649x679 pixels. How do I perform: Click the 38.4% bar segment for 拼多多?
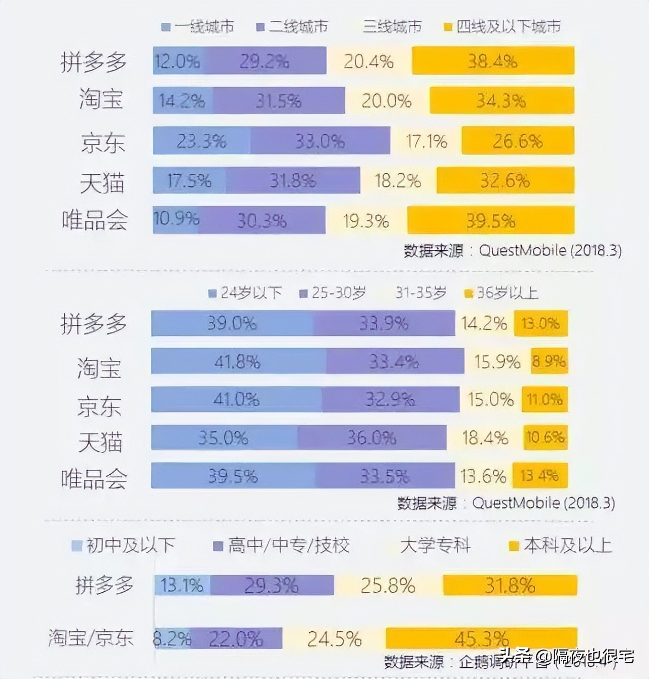pyautogui.click(x=493, y=61)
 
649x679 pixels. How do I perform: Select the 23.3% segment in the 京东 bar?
pyautogui.click(x=201, y=141)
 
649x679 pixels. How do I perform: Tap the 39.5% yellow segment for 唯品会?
pyautogui.click(x=490, y=220)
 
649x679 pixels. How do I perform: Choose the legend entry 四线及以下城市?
pyautogui.click(x=503, y=27)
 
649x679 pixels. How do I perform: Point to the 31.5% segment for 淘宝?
pyautogui.click(x=278, y=101)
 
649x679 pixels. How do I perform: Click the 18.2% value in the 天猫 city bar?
pyautogui.click(x=398, y=181)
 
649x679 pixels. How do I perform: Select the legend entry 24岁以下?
pyautogui.click(x=245, y=293)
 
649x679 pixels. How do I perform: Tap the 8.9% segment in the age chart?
pyautogui.click(x=549, y=361)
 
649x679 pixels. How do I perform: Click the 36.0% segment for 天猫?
pyautogui.click(x=372, y=437)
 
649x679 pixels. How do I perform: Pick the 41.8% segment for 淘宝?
pyautogui.click(x=237, y=361)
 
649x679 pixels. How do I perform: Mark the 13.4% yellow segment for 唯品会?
pyautogui.click(x=539, y=476)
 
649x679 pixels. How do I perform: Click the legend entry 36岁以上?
pyautogui.click(x=501, y=293)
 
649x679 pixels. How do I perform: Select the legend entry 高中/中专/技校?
pyautogui.click(x=282, y=546)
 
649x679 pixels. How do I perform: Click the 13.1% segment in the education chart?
pyautogui.click(x=182, y=586)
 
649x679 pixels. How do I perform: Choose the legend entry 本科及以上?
pyautogui.click(x=561, y=546)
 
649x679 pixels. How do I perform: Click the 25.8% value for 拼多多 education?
pyautogui.click(x=388, y=586)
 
